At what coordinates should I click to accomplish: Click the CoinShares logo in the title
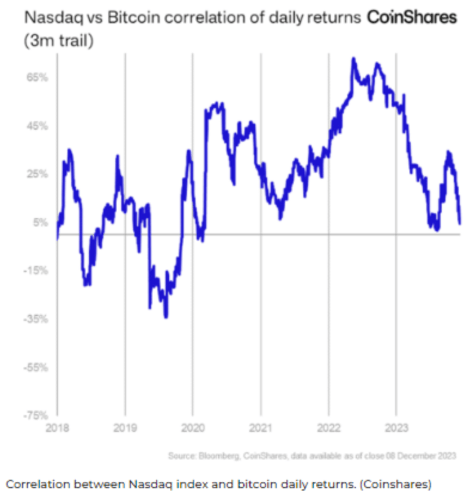[411, 18]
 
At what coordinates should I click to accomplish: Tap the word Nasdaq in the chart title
[45, 19]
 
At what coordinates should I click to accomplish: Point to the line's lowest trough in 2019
[166, 317]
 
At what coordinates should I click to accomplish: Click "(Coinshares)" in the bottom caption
[396, 482]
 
